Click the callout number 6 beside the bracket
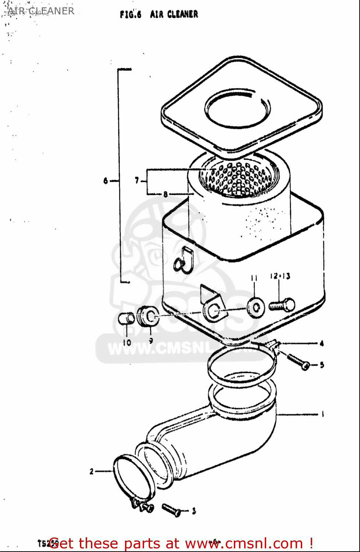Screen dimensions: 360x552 (106, 181)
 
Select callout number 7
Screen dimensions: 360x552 (137, 180)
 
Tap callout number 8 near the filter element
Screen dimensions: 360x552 (165, 194)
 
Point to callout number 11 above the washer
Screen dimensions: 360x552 (254, 278)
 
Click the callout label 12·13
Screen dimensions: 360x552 (280, 276)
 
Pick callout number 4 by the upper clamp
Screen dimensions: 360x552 (322, 344)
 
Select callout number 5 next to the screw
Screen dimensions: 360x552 (322, 365)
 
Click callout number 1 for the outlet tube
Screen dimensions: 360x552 (322, 414)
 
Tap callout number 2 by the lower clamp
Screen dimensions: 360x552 (92, 471)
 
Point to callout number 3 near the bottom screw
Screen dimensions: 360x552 (194, 511)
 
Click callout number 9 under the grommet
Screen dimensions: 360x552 (151, 341)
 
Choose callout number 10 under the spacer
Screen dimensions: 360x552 (127, 342)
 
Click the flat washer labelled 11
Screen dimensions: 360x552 (256, 308)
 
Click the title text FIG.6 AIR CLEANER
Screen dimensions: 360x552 (159, 14)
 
